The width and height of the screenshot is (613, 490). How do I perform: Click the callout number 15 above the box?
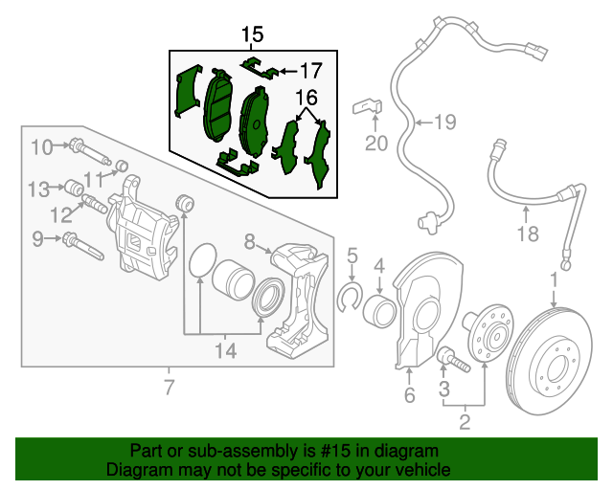pyautogui.click(x=251, y=35)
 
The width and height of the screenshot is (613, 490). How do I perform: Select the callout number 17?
pyautogui.click(x=311, y=70)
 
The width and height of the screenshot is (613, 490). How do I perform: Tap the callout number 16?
pyautogui.click(x=306, y=98)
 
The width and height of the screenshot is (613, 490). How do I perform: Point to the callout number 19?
pyautogui.click(x=444, y=122)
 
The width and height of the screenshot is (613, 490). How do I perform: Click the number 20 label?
pyautogui.click(x=375, y=144)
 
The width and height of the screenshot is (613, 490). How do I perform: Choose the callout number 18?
pyautogui.click(x=528, y=234)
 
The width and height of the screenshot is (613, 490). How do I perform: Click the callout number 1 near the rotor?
pyautogui.click(x=553, y=279)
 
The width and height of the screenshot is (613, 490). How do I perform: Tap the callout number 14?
pyautogui.click(x=224, y=351)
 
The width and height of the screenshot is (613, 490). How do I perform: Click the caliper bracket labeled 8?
pyautogui.click(x=301, y=297)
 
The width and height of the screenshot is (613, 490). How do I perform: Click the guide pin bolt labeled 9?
pyautogui.click(x=80, y=243)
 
